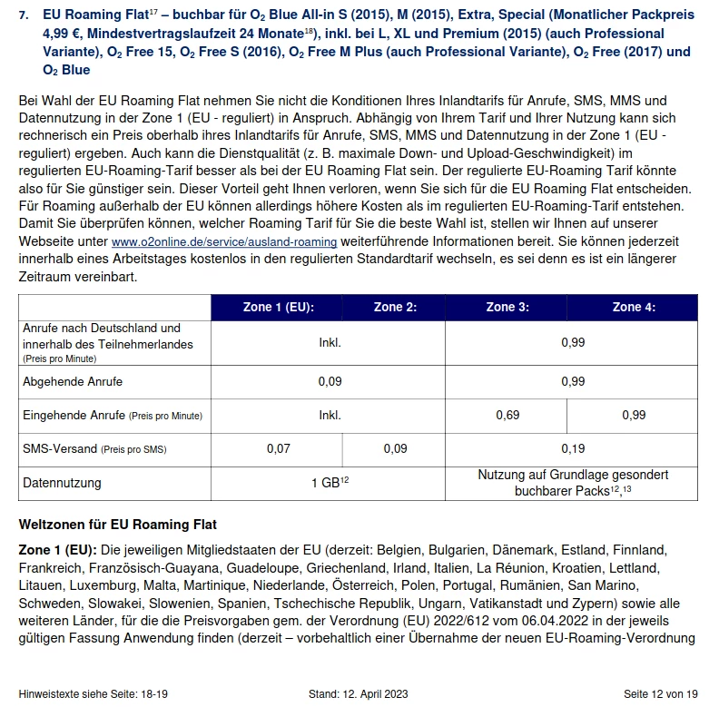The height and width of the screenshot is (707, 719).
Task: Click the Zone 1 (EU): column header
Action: click(279, 307)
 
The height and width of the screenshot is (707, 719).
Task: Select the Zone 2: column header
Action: click(395, 307)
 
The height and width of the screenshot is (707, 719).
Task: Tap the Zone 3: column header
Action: click(507, 307)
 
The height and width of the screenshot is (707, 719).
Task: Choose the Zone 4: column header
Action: click(634, 307)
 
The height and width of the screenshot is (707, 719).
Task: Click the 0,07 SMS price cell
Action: click(278, 448)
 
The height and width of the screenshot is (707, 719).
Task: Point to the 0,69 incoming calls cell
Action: click(507, 415)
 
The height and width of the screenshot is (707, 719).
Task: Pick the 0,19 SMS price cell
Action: click(573, 448)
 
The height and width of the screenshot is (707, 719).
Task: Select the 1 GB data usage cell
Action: click(330, 483)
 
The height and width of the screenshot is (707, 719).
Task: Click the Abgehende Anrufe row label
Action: click(73, 381)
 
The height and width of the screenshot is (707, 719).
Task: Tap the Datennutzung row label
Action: click(63, 483)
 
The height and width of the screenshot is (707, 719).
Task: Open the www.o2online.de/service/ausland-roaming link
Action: click(224, 242)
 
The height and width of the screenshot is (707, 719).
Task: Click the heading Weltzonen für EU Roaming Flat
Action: click(118, 525)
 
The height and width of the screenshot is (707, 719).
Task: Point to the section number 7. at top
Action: click(25, 15)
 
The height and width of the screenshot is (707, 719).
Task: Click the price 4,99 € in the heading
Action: click(64, 34)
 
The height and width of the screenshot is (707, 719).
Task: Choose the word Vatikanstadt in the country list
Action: click(506, 603)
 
